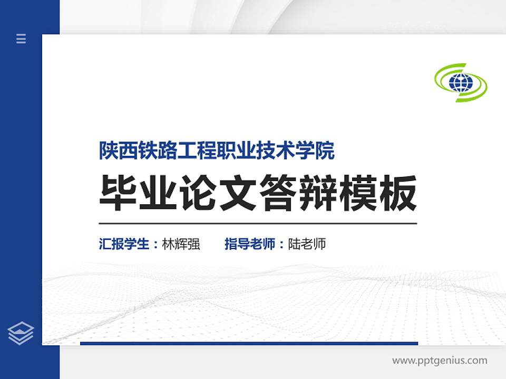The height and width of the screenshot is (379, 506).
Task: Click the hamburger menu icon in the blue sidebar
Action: coord(21,38)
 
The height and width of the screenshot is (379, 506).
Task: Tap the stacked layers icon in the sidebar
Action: coord(21,333)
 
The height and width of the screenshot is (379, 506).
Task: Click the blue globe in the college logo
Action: coord(460,82)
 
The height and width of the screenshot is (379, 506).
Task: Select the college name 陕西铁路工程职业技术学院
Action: coord(217,151)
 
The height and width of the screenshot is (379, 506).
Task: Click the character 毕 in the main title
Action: coord(119,193)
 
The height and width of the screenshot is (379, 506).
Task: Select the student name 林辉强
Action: coord(181,244)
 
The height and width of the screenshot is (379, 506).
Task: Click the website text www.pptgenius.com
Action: coord(440,361)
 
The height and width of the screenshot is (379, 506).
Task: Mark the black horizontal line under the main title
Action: coord(258,223)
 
